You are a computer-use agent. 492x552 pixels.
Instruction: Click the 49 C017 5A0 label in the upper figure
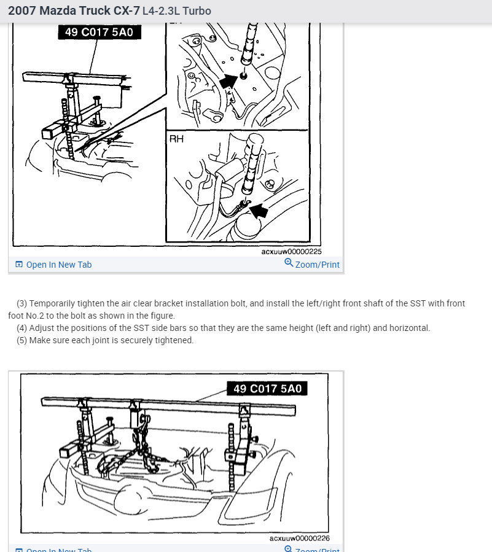[x=100, y=32]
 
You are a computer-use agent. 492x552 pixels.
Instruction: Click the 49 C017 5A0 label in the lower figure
[x=267, y=389]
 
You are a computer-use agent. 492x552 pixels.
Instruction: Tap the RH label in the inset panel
[x=176, y=139]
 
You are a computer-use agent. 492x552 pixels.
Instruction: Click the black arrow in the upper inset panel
[x=228, y=82]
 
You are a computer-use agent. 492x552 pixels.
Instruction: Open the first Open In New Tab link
[x=53, y=265]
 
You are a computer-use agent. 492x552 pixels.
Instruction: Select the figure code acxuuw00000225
[x=291, y=252]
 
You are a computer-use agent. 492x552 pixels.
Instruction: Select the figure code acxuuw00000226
[x=299, y=538]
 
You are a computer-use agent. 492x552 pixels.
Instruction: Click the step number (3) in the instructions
[x=21, y=303]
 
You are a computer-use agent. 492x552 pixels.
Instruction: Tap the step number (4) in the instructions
[x=21, y=328]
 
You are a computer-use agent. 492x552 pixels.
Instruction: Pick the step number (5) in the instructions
[x=21, y=340]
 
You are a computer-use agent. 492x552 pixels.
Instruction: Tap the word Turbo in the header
[x=197, y=11]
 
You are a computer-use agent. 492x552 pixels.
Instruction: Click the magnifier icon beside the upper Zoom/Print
[x=289, y=263]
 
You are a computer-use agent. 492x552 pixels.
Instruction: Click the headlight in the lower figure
[x=250, y=503]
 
